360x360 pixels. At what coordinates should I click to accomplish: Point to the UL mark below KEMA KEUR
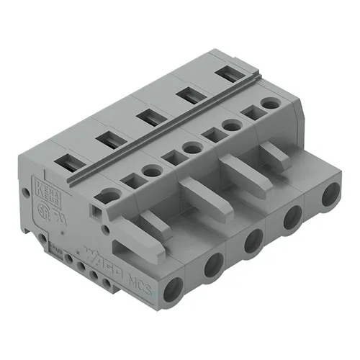pos(48,215)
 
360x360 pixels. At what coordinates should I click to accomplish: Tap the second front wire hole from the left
pos(215,267)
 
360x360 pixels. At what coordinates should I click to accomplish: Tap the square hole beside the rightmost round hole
pos(252,113)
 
